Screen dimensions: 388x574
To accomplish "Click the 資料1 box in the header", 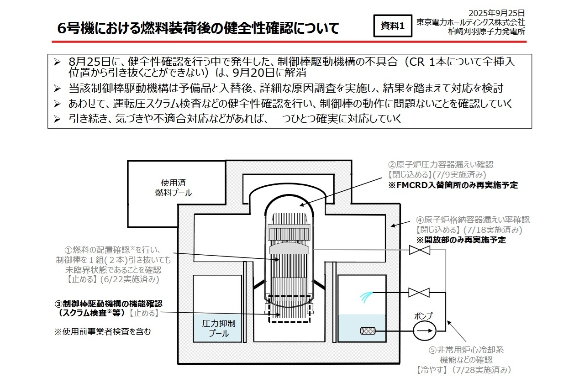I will click(392, 26).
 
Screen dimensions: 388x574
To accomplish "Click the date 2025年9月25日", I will click(496, 13).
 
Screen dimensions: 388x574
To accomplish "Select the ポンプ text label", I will click(423, 316).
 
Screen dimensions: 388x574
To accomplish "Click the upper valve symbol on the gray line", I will click(419, 250).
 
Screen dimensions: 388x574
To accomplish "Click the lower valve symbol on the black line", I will click(419, 292).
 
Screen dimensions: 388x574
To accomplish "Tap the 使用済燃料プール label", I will click(173, 188).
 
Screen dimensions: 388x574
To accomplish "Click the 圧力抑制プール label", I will click(219, 328).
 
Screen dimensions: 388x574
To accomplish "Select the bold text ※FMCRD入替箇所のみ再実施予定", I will click(453, 185).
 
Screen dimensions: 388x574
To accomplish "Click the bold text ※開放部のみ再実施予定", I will click(460, 240).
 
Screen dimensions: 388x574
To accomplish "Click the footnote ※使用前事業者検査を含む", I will click(103, 332).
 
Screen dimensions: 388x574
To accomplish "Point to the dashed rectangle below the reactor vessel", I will click(290, 309).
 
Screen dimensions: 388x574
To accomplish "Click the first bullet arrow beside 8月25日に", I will click(57, 62).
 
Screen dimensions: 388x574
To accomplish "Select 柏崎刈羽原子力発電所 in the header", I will click(487, 31).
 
